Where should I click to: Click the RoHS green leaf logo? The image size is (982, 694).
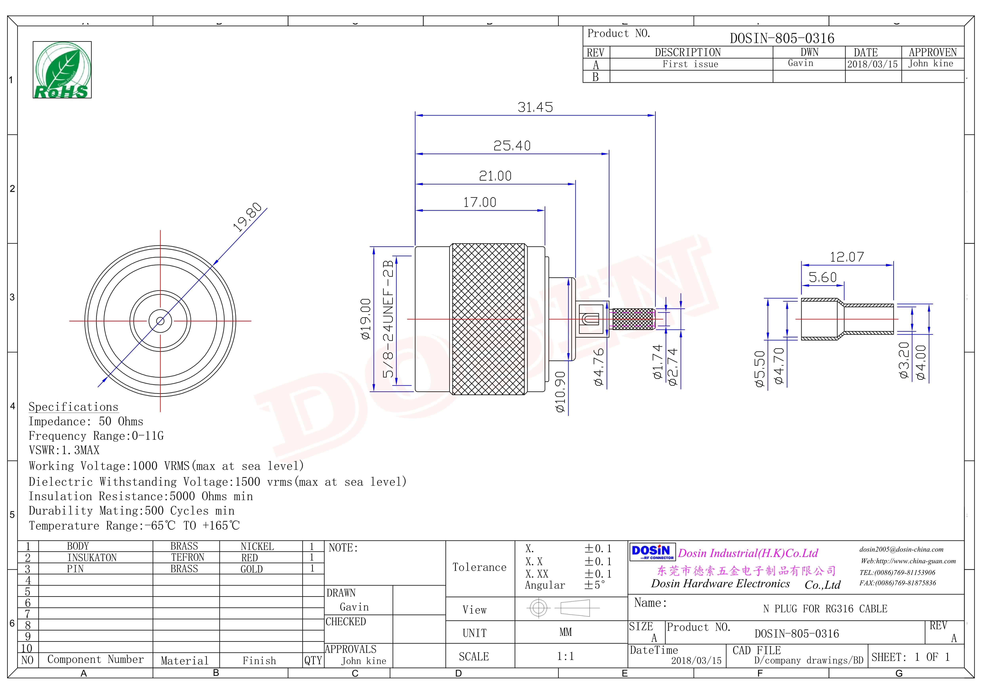pyautogui.click(x=62, y=70)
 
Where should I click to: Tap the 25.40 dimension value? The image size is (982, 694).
pyautogui.click(x=512, y=146)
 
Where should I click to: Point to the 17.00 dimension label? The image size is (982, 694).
pyautogui.click(x=480, y=202)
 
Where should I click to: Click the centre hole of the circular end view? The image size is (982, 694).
pyautogui.click(x=160, y=321)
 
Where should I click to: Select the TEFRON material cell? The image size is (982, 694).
pyautogui.click(x=188, y=558)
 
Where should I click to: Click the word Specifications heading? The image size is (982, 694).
pyautogui.click(x=74, y=407)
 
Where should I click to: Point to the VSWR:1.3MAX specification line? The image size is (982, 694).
pyautogui.click(x=64, y=450)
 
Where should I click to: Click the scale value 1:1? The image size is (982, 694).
pyautogui.click(x=565, y=656)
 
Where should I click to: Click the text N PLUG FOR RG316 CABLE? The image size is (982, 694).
pyautogui.click(x=825, y=609)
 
